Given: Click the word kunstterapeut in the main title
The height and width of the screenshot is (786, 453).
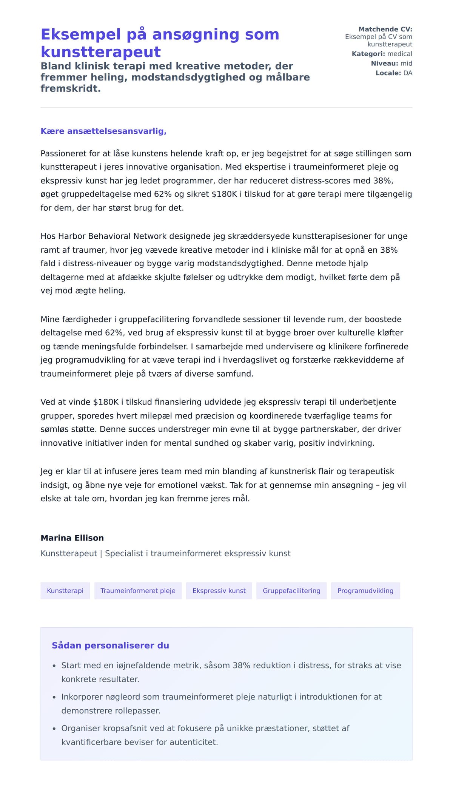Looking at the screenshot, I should [100, 52].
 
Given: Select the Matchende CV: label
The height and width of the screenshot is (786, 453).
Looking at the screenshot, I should [385, 29].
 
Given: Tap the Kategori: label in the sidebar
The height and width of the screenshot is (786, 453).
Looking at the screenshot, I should [368, 54].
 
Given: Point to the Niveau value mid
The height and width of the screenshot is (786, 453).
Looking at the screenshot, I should [406, 63].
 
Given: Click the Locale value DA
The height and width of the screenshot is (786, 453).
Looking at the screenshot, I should [408, 73].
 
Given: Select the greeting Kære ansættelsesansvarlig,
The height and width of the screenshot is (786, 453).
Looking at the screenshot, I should [103, 131].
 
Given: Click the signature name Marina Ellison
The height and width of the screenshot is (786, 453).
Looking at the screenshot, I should [72, 538].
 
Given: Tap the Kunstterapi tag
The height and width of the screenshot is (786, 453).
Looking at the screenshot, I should [65, 591].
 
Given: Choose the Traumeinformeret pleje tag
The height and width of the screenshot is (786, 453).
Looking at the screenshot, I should [138, 591].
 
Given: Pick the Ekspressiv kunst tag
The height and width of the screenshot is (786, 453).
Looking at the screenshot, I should [219, 591].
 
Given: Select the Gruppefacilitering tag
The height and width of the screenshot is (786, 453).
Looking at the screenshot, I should [291, 591].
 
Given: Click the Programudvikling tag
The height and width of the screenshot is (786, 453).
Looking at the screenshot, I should [365, 591].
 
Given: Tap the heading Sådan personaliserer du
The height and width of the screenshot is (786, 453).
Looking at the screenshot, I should [110, 645].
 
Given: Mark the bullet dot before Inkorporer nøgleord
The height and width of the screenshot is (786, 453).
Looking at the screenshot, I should [54, 697].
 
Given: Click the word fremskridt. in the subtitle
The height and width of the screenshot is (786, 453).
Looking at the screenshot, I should [71, 89].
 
